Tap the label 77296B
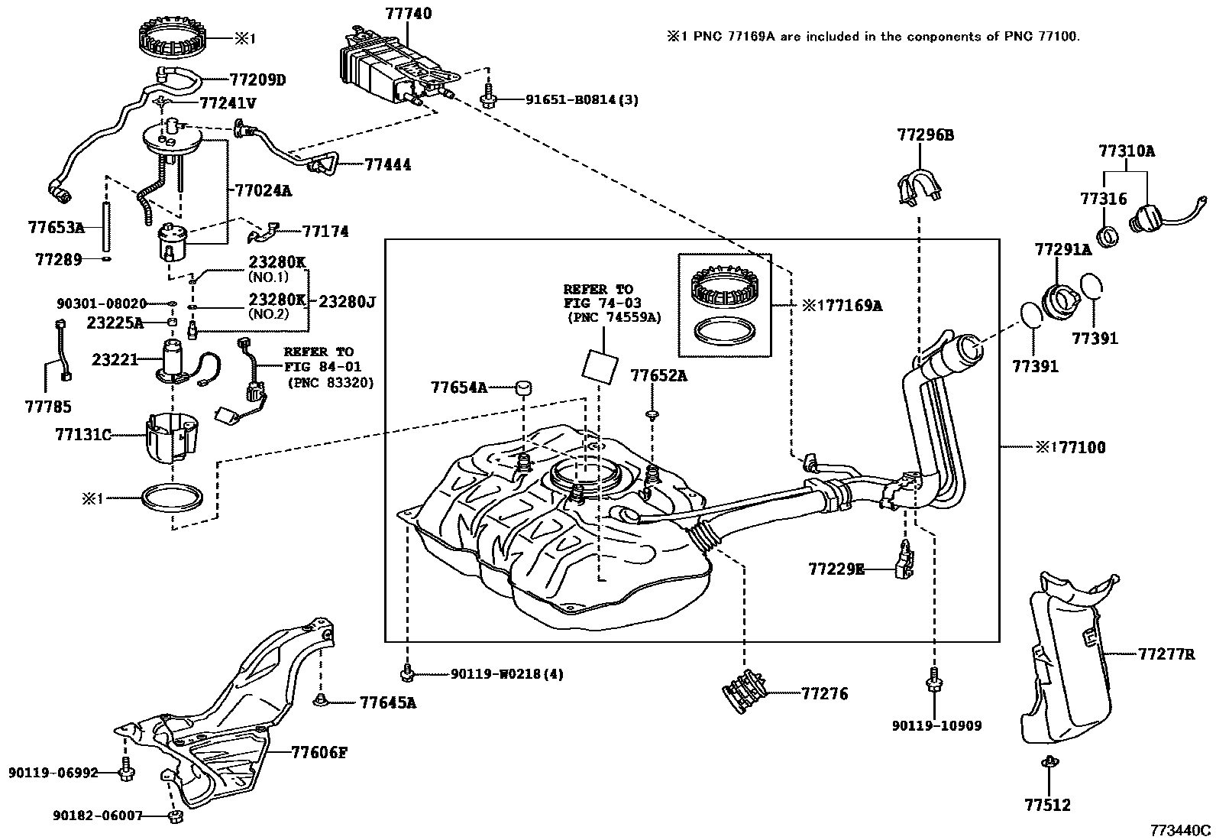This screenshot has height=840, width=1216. coord(925,135)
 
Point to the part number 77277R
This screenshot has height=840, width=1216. coord(1166,654)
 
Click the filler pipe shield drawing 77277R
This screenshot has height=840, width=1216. coord(1066,657)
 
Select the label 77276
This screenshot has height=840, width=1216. coord(825,694)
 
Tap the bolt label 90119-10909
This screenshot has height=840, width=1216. coord(936,725)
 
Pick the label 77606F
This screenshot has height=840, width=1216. coord(319,752)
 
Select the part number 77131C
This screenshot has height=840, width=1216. coord(82,435)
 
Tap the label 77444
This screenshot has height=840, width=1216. coord(387,164)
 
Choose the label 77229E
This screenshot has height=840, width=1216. coord(836,569)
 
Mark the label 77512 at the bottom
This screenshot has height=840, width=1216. coord(1047,805)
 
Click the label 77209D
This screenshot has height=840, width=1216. coord(257,79)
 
